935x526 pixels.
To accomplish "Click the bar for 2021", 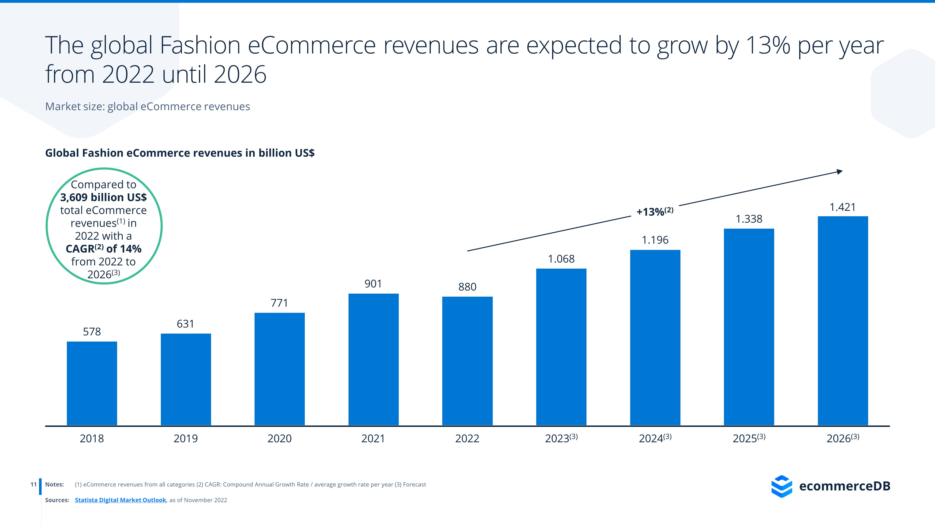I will click(x=374, y=359).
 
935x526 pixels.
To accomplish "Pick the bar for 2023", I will click(x=561, y=347).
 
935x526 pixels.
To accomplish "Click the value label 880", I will click(x=467, y=287).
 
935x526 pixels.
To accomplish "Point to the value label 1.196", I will click(x=655, y=240).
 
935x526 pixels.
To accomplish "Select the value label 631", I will click(x=185, y=324).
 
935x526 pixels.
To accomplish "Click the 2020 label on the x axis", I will click(x=280, y=439).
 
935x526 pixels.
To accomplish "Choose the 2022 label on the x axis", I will click(x=467, y=439).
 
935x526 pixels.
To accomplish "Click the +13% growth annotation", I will click(x=655, y=212).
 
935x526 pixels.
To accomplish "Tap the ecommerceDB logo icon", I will click(x=781, y=486).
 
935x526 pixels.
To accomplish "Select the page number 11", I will click(x=33, y=484).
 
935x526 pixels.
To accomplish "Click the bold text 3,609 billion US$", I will click(x=104, y=197).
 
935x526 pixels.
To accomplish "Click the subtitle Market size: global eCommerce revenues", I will click(x=147, y=106).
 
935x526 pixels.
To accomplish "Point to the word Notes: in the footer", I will click(x=54, y=484).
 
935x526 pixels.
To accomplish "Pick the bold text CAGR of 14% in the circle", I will click(x=104, y=249).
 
